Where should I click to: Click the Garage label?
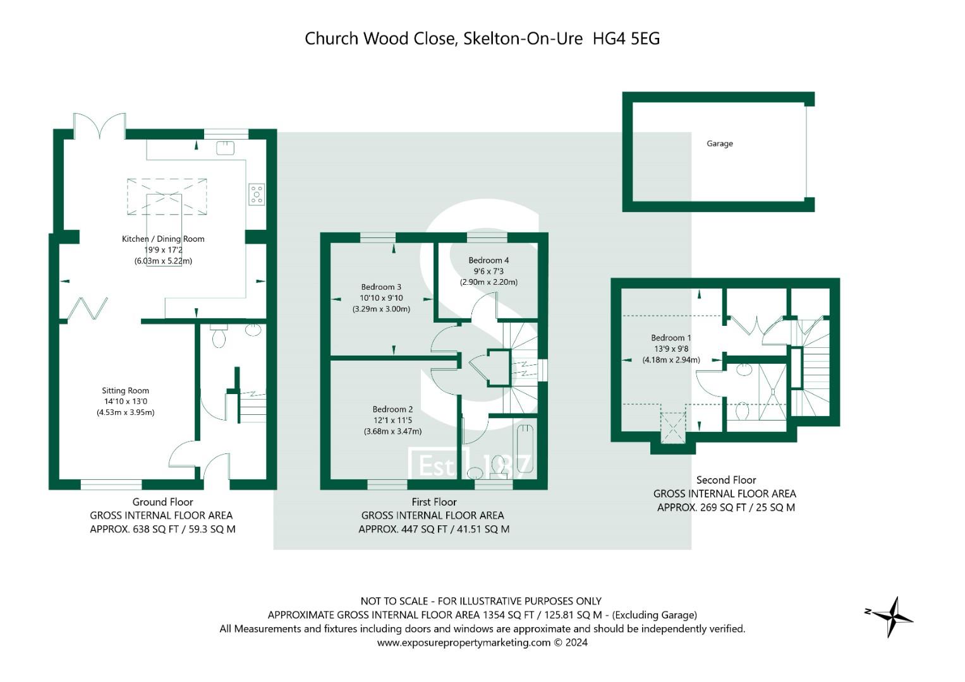point(719,144)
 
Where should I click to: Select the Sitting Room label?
point(125,390)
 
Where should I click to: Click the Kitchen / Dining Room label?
point(163,239)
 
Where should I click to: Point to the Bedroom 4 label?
point(489,260)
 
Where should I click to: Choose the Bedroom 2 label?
point(392,409)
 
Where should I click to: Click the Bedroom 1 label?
point(671,338)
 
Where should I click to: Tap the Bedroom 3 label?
point(381,287)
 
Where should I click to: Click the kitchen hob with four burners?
point(257,194)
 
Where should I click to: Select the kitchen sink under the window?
point(226,148)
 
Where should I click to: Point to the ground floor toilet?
point(219,336)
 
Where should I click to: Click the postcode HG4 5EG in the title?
point(626,39)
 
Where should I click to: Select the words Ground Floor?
point(162,502)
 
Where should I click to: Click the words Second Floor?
point(726,480)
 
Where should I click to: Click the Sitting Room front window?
point(111,485)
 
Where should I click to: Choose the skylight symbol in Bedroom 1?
point(673,428)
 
